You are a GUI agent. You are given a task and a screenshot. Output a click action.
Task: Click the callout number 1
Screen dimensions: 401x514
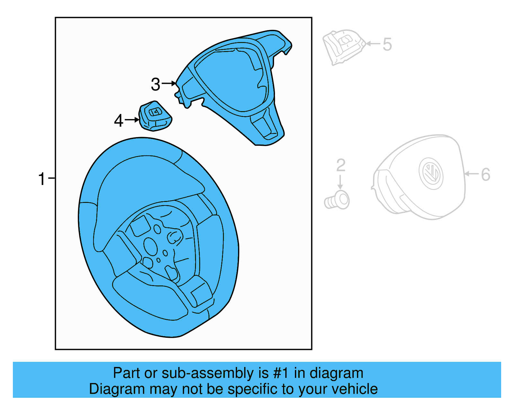coord(42,179)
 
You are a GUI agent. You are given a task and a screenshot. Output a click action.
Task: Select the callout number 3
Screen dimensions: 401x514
coord(155,84)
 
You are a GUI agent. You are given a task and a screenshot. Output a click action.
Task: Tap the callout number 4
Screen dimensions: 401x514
coord(119,121)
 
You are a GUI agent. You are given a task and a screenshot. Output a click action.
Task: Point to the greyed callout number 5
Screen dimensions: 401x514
coord(387,44)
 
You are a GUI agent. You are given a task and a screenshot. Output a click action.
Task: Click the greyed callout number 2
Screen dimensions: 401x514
coord(341,165)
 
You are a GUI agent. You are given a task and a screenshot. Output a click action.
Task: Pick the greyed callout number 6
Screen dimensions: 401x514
coord(485,175)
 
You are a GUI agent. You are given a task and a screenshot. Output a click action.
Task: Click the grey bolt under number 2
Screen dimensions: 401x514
coord(337,200)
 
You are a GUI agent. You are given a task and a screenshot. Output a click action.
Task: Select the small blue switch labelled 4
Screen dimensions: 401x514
coord(155,116)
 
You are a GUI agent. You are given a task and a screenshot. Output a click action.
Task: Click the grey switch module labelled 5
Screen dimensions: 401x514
coord(343,47)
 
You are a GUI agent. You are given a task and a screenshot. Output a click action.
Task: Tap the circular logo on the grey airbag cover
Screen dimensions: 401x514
coord(431,173)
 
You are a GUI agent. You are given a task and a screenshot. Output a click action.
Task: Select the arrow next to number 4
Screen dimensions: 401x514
coord(132,120)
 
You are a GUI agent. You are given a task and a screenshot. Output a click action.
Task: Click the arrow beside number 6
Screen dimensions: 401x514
coord(472,174)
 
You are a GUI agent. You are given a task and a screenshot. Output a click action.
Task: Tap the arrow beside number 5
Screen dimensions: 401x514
coord(373,43)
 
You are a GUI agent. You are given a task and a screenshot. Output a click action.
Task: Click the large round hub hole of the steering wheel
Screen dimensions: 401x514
coord(150,246)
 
